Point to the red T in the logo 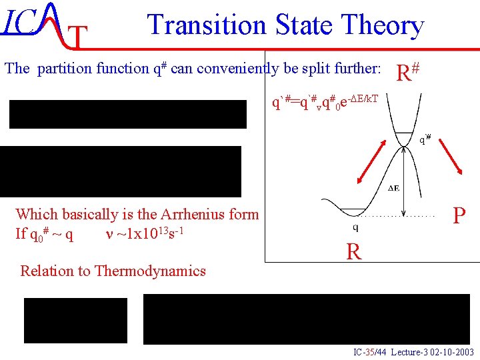[78, 39]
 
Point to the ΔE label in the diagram [394, 188]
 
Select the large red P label [459, 216]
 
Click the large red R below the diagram [353, 251]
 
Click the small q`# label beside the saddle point [425, 139]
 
